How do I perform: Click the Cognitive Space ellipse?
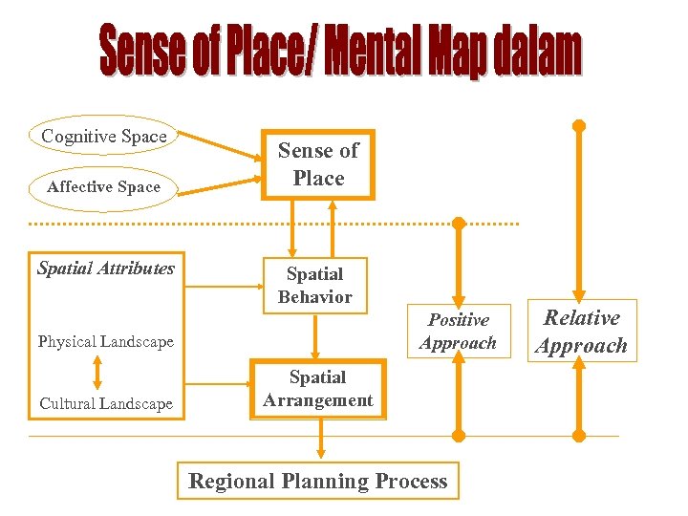104,137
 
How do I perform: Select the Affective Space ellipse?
103,187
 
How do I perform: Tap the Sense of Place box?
318,164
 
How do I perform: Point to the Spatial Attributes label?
105,269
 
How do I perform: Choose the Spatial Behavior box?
314,285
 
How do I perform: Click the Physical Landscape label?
105,342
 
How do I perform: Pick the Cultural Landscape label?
106,403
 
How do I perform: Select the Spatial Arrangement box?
318,389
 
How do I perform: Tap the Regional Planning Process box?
318,481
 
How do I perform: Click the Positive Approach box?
458,331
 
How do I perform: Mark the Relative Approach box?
581,332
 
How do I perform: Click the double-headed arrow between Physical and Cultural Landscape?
97,373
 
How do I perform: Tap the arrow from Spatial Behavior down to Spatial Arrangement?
314,336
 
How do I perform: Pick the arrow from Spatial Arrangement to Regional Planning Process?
320,440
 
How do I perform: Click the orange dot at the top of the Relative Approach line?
578,125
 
